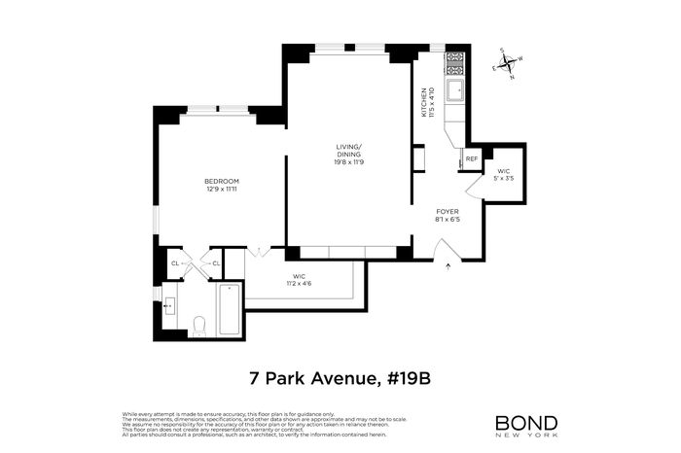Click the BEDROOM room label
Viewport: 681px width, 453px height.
coord(222,182)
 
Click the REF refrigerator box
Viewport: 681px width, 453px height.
coord(471,158)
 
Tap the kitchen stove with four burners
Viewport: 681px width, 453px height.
coord(455,65)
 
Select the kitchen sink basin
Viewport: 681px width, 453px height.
coord(455,92)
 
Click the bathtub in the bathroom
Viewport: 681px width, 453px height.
coord(230,309)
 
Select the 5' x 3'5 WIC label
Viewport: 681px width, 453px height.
coord(503,175)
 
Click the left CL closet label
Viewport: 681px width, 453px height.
coord(175,263)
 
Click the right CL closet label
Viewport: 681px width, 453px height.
coord(215,263)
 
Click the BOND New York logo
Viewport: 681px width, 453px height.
coord(526,424)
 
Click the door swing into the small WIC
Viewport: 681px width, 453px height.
coord(475,186)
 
